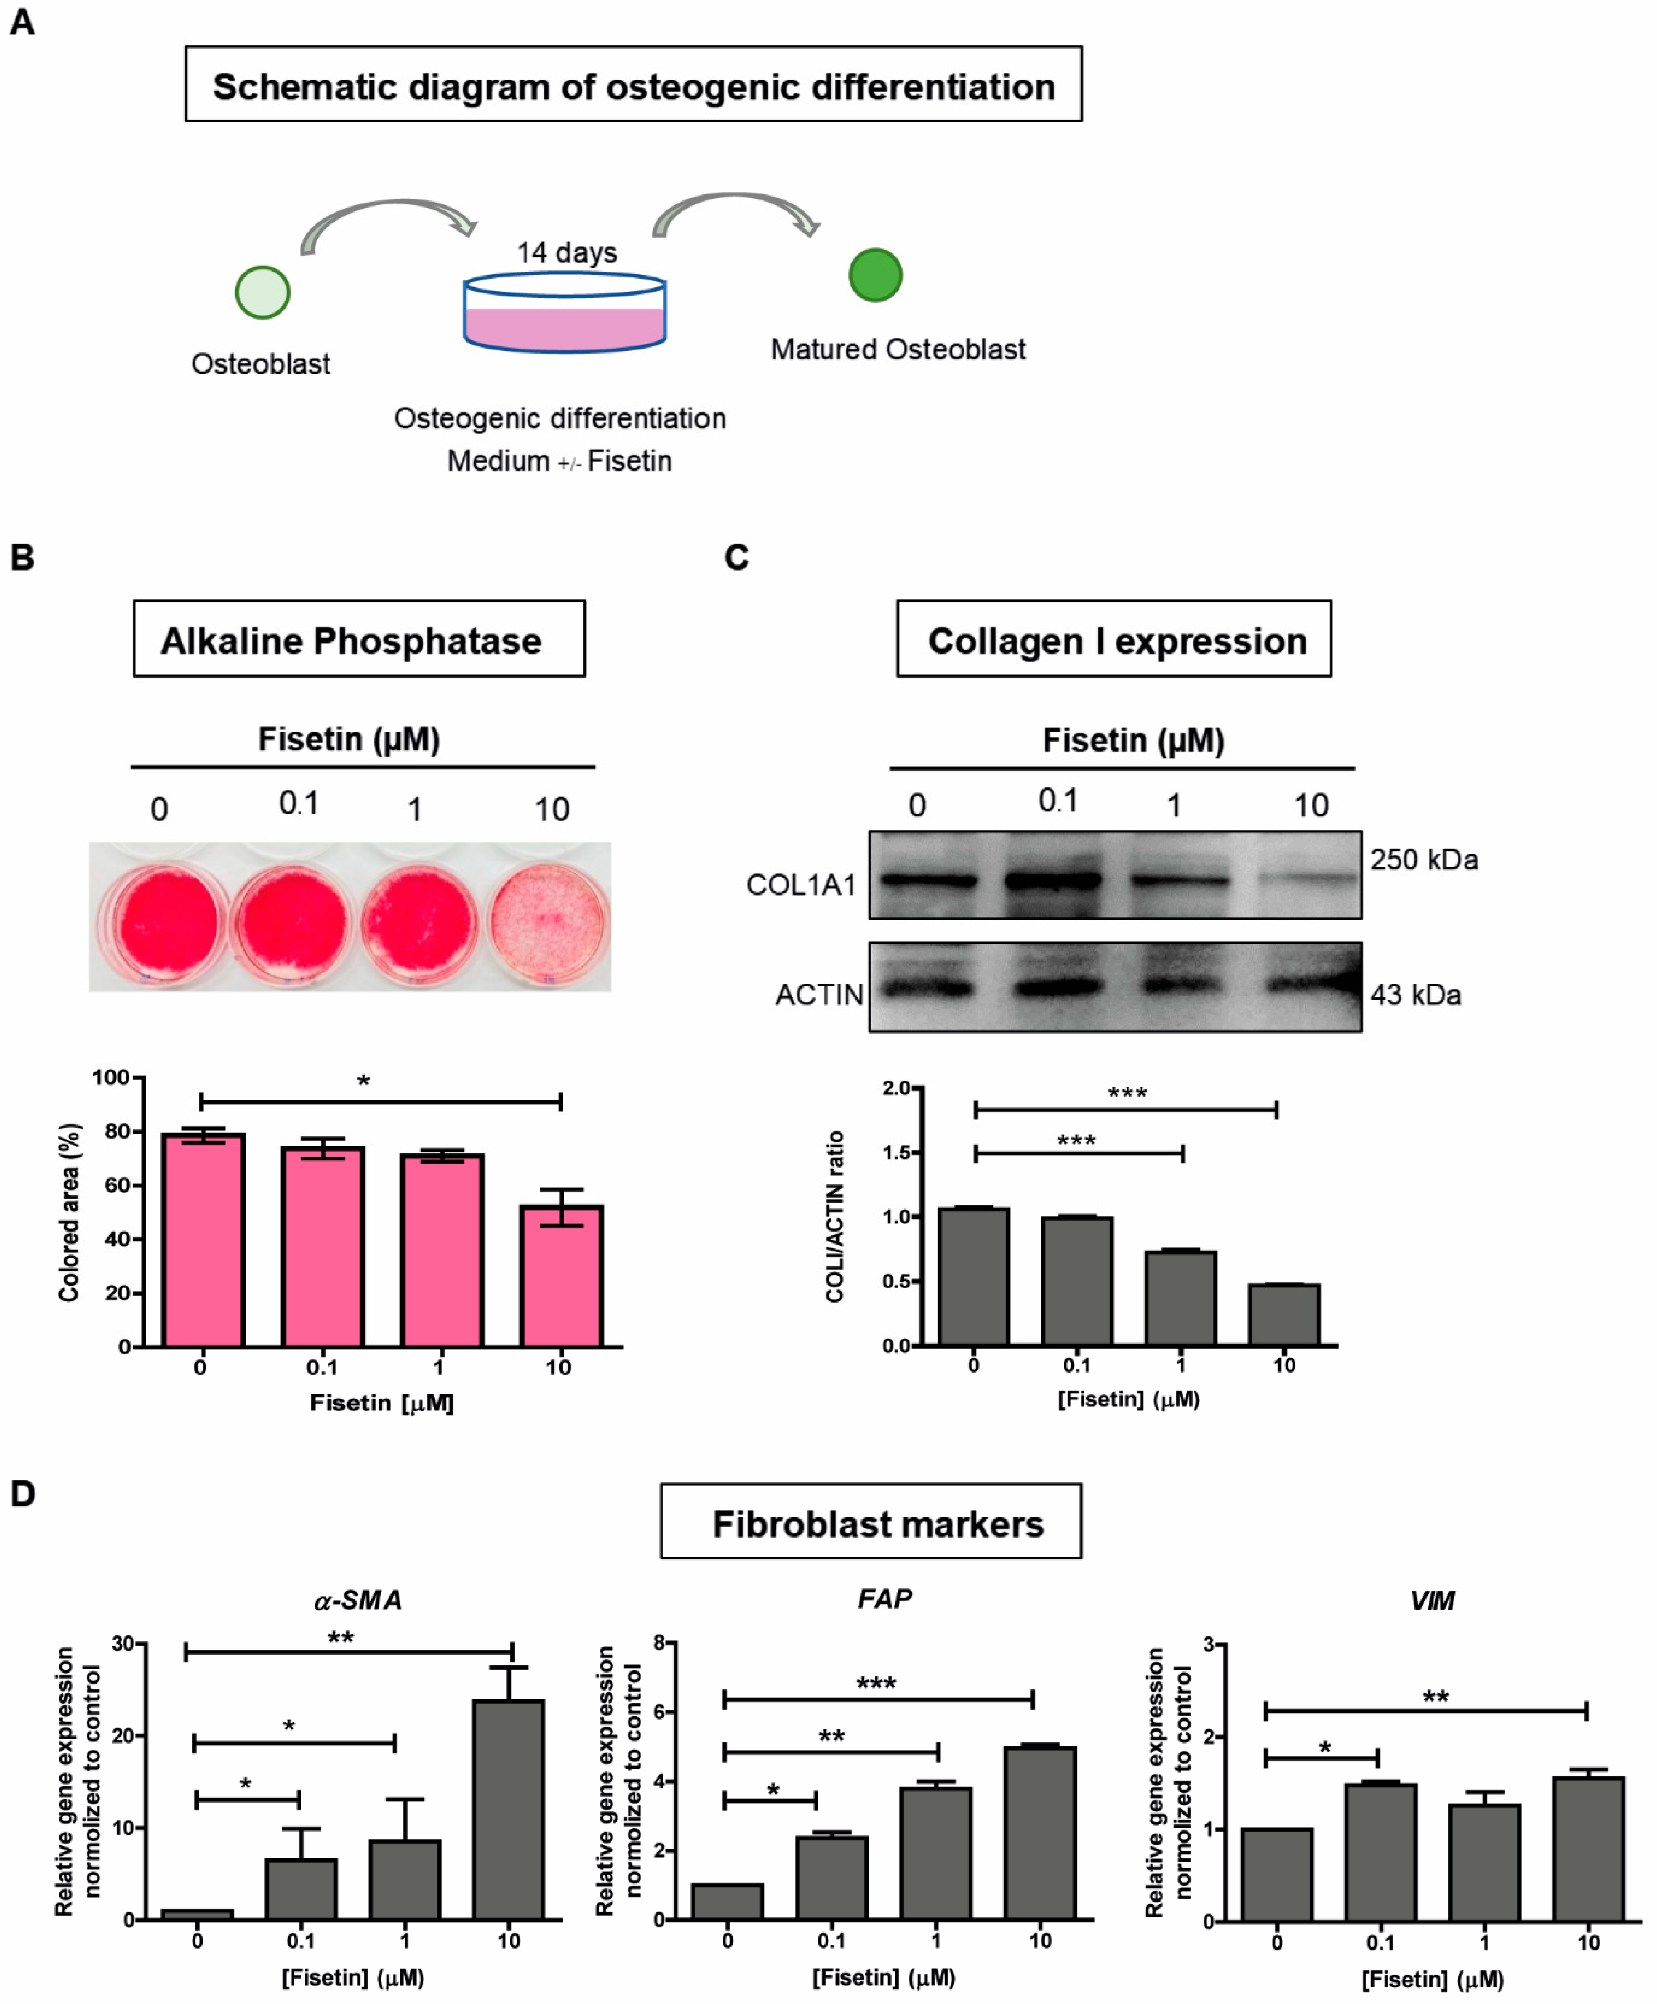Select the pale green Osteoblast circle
[x=262, y=292]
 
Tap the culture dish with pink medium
[x=564, y=313]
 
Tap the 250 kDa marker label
[x=1424, y=860]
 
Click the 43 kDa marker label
[x=1415, y=995]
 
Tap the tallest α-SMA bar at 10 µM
[x=509, y=1810]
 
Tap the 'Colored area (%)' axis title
[x=69, y=1212]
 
